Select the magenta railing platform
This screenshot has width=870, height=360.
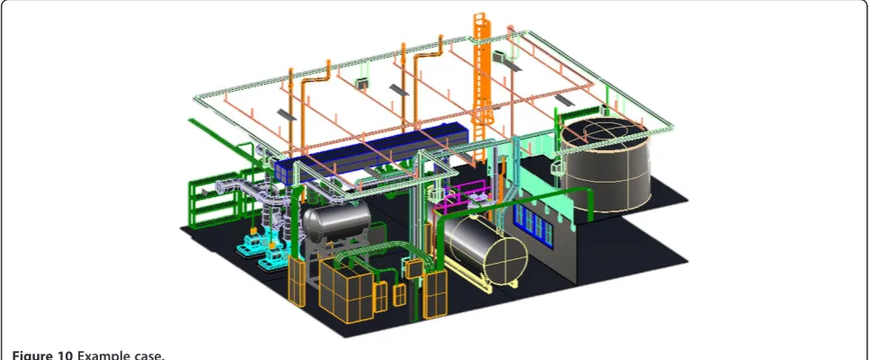462,202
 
